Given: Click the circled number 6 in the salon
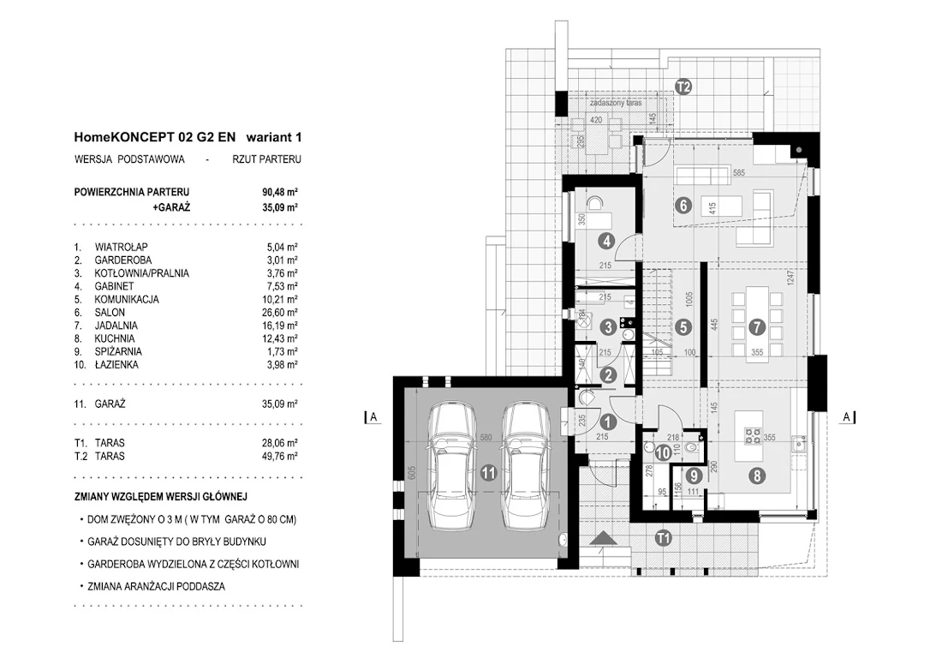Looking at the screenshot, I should [683, 205].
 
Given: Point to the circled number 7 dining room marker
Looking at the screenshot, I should [756, 326].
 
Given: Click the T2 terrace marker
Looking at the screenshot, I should [683, 87].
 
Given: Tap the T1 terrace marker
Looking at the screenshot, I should [662, 538].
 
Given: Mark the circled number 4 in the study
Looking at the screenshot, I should [606, 241].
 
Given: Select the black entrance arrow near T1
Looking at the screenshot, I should [602, 537].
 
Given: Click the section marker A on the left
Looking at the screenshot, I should [373, 417].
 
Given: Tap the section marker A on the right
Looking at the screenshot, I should [847, 417].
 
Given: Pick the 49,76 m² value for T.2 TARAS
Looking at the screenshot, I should [279, 457].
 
